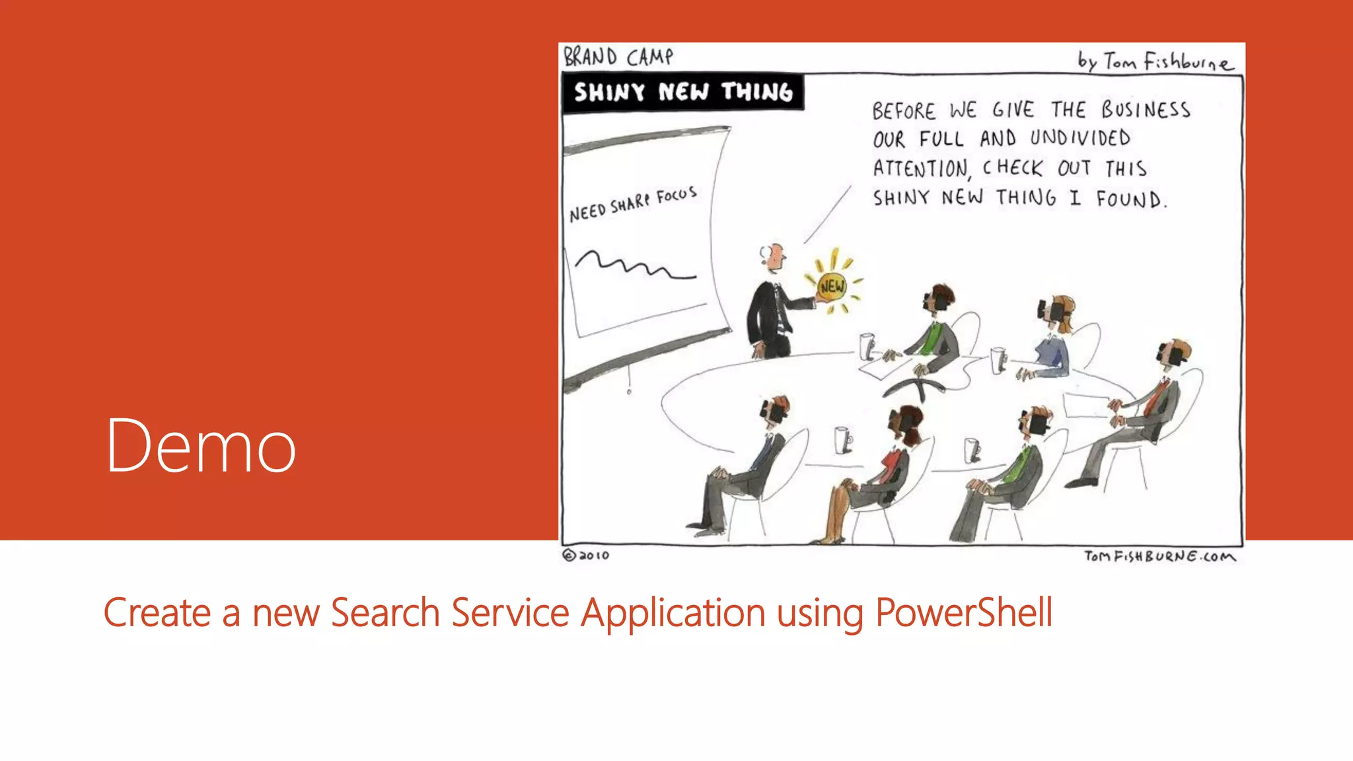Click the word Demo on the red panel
pyautogui.click(x=201, y=446)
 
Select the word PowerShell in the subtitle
pyautogui.click(x=963, y=612)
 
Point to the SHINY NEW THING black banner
pyautogui.click(x=682, y=92)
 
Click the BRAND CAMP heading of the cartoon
pyautogui.click(x=618, y=57)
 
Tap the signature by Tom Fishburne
pyautogui.click(x=1155, y=61)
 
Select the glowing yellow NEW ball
pyautogui.click(x=832, y=286)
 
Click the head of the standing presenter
pyautogui.click(x=773, y=256)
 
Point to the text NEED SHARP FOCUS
pyautogui.click(x=633, y=204)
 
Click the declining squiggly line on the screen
pyautogui.click(x=634, y=266)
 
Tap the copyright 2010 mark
pyautogui.click(x=586, y=556)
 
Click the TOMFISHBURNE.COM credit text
pyautogui.click(x=1159, y=556)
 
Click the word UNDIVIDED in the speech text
pyautogui.click(x=1080, y=138)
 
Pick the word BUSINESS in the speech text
pyautogui.click(x=1146, y=109)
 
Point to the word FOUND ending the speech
pyautogui.click(x=1130, y=199)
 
